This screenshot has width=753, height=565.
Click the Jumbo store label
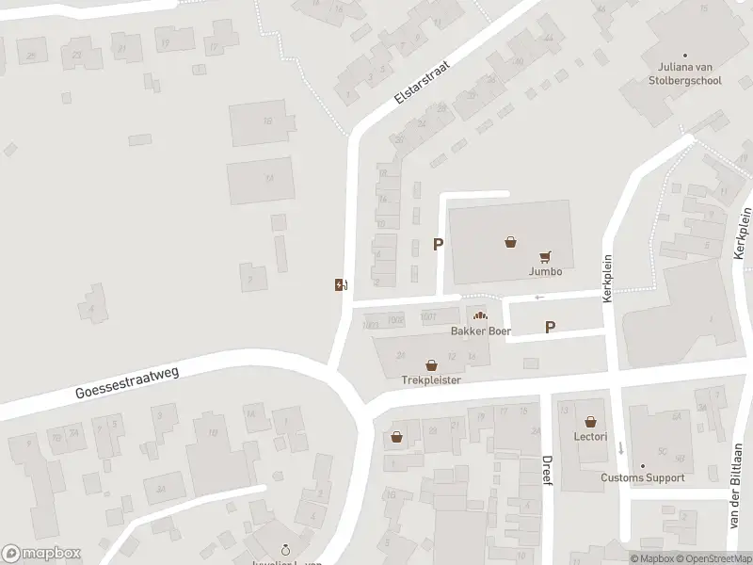pyautogui.click(x=545, y=271)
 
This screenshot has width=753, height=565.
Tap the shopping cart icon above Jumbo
pyautogui.click(x=545, y=255)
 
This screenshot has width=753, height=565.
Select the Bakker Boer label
pyautogui.click(x=481, y=331)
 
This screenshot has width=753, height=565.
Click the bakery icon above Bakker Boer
pyautogui.click(x=481, y=315)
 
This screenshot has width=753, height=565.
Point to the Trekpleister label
pyautogui.click(x=431, y=380)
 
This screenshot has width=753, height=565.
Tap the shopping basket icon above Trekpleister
pyautogui.click(x=431, y=364)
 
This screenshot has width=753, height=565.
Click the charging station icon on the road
pyautogui.click(x=340, y=284)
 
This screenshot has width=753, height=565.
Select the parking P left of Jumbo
pyautogui.click(x=438, y=244)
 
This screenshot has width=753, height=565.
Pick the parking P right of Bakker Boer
pyautogui.click(x=551, y=328)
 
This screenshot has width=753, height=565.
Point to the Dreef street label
pyautogui.click(x=546, y=470)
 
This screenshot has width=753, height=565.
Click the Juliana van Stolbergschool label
pyautogui.click(x=689, y=73)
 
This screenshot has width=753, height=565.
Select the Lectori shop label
pyautogui.click(x=589, y=437)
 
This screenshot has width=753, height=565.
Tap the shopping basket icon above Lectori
pyautogui.click(x=589, y=421)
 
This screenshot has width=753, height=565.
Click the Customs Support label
pyautogui.click(x=643, y=477)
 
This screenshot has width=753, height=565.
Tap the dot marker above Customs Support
pyautogui.click(x=644, y=465)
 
